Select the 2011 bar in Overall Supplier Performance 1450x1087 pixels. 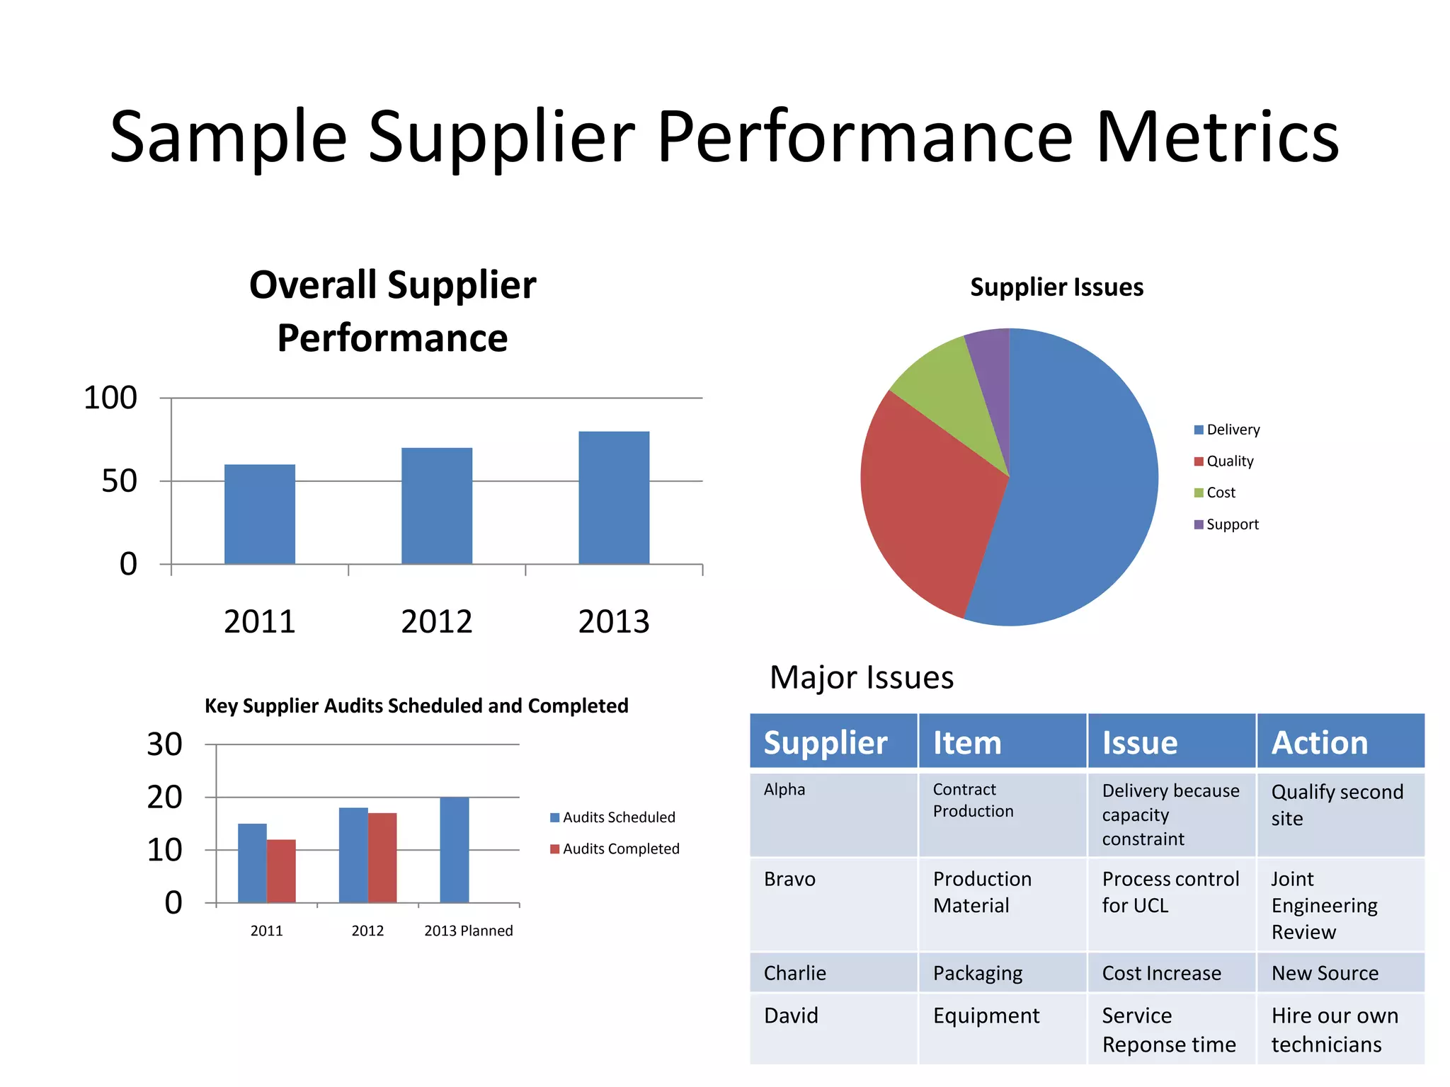click(x=260, y=514)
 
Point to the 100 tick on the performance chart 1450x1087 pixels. click(x=110, y=398)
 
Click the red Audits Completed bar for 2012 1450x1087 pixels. click(x=382, y=858)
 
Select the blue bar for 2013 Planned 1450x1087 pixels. click(x=455, y=850)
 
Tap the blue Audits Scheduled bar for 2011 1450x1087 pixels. click(x=252, y=863)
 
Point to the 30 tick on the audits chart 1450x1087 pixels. click(x=165, y=744)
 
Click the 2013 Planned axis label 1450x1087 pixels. click(x=469, y=931)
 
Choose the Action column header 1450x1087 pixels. click(x=1320, y=742)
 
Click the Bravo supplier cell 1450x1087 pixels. click(x=789, y=879)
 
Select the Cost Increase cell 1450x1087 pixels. click(x=1161, y=973)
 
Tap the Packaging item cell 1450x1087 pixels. click(x=978, y=973)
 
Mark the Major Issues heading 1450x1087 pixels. click(x=862, y=677)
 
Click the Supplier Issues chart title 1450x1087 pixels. click(x=1056, y=287)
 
